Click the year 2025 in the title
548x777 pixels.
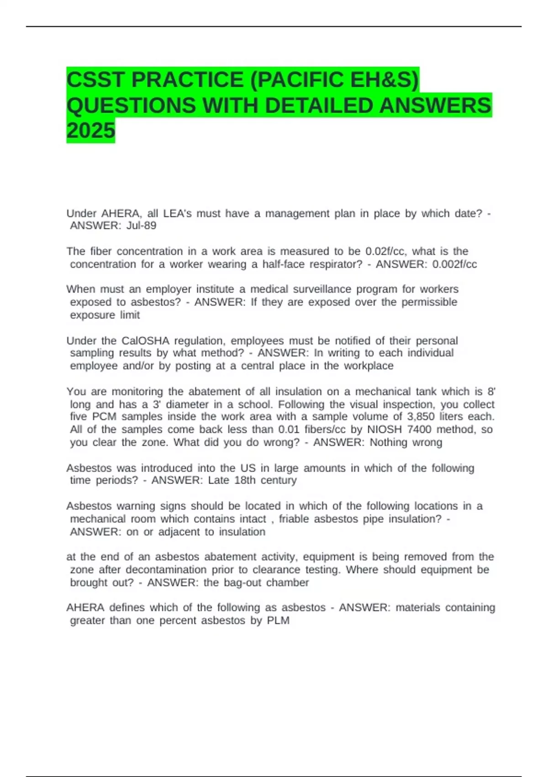91,131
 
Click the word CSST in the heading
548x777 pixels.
95,80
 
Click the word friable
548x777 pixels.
294,519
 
